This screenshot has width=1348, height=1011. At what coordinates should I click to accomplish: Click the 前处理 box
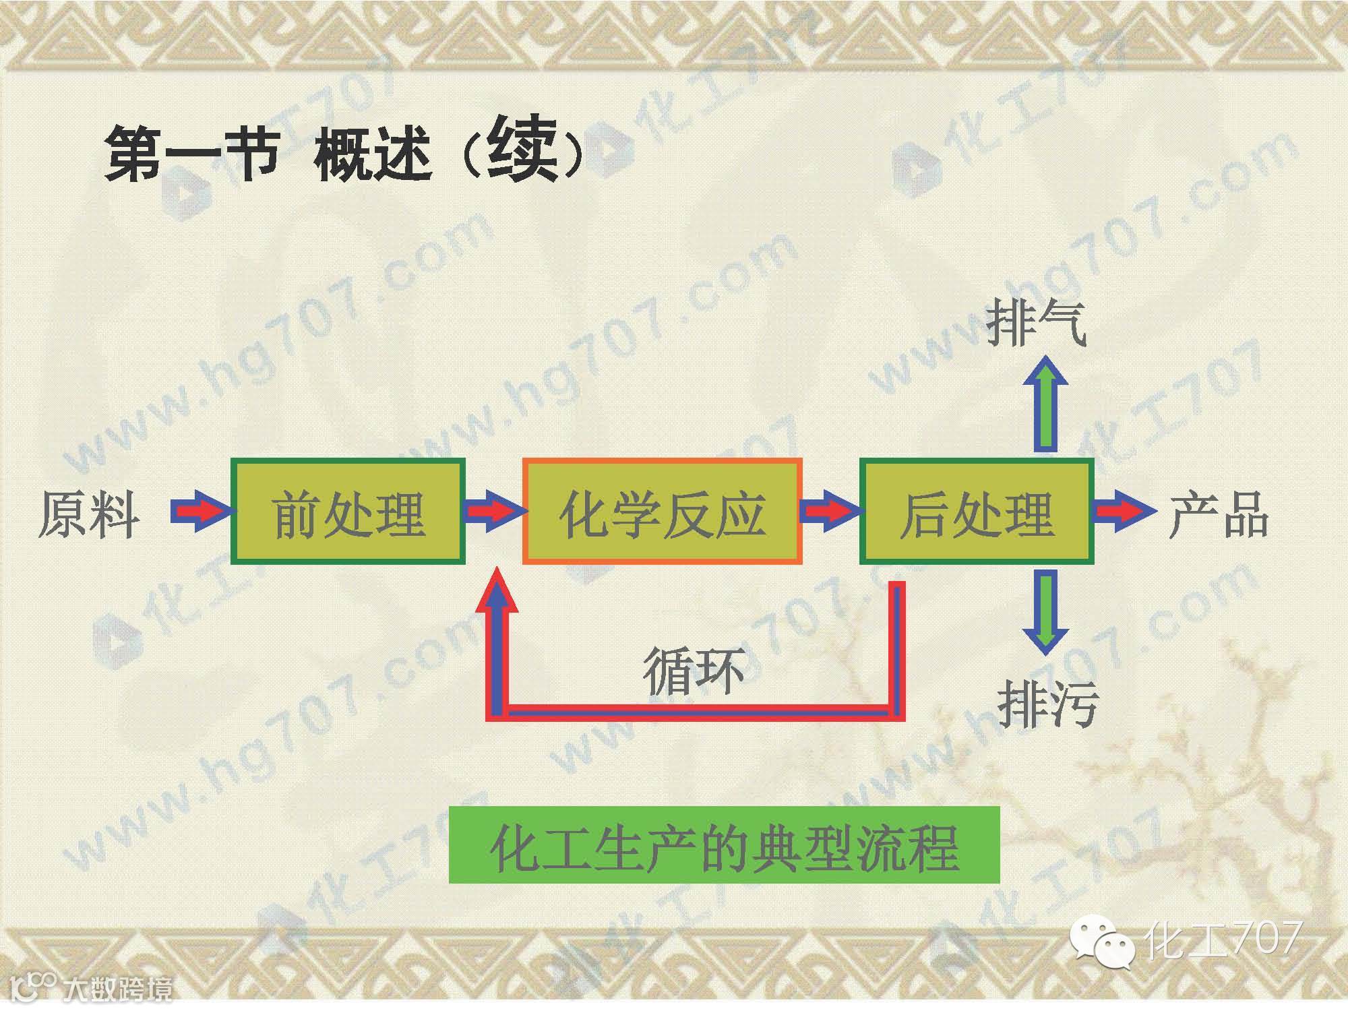[348, 511]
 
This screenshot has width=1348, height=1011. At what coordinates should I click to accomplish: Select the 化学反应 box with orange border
[662, 511]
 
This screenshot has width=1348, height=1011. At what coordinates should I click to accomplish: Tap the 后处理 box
[976, 511]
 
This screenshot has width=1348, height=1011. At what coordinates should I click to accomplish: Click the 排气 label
[1037, 323]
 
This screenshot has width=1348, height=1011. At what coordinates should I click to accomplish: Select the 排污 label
[1047, 703]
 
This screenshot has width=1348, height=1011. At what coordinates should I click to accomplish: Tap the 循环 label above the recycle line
[693, 671]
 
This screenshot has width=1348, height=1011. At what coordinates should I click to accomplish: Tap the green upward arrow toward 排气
[1045, 404]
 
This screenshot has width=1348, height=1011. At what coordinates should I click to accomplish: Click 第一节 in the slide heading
[192, 154]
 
